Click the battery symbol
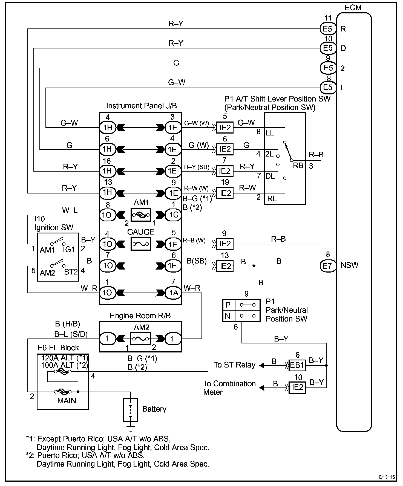tap(131, 410)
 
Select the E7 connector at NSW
tap(328, 266)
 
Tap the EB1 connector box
tap(297, 365)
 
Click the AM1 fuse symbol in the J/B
tap(141, 215)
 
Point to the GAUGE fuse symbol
tap(141, 244)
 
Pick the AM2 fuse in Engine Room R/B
tap(141, 339)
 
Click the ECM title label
tap(353, 8)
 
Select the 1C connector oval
tap(173, 215)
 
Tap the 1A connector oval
tap(173, 293)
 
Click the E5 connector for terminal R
tap(328, 29)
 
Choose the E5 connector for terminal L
tap(328, 88)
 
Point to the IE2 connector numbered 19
tap(225, 193)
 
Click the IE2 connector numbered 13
tap(225, 266)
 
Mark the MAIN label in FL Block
tap(67, 401)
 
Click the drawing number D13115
tap(387, 477)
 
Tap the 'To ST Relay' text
tap(234, 365)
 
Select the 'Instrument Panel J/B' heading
tap(141, 106)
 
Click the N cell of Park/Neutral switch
tap(228, 316)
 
